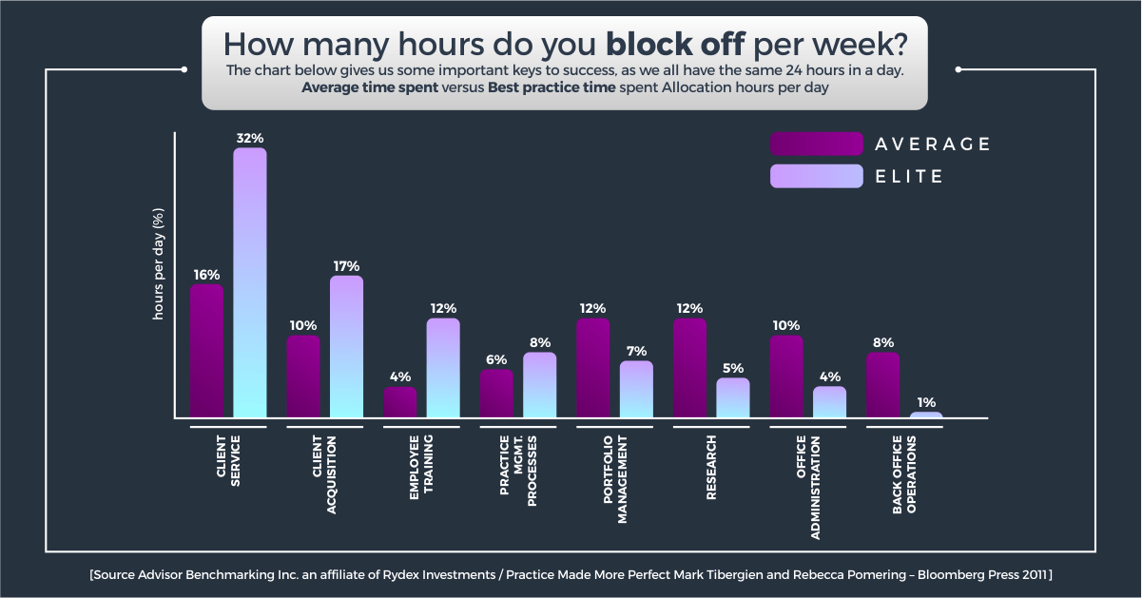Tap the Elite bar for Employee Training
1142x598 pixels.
443,368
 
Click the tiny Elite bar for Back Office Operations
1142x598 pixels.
926,415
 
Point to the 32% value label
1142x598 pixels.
250,138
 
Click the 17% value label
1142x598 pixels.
346,266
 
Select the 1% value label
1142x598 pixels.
926,402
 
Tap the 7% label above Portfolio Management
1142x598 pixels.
636,351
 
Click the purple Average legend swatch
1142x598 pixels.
803,144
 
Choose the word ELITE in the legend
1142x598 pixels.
910,176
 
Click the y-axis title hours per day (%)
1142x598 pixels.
159,263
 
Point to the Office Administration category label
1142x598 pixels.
807,487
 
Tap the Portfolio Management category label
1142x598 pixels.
614,480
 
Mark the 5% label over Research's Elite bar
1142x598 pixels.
732,368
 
